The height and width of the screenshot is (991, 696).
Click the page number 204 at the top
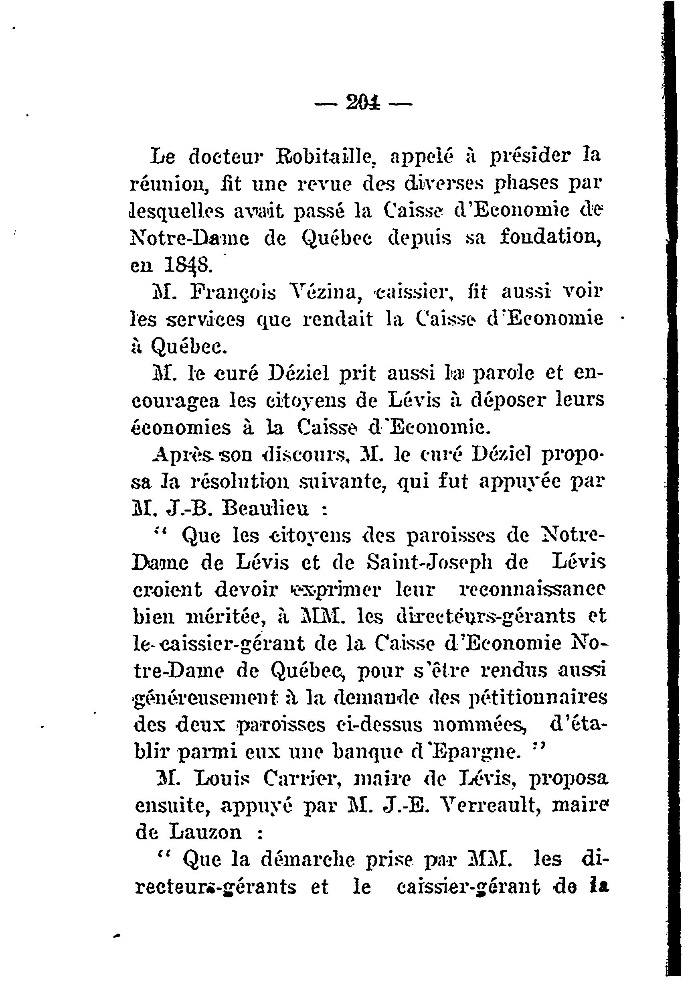tap(362, 104)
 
